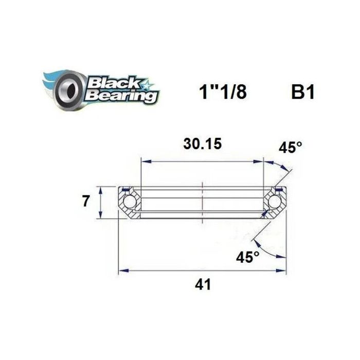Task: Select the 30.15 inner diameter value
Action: pyautogui.click(x=203, y=145)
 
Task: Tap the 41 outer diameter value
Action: pyautogui.click(x=203, y=284)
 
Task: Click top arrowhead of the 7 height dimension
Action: pyautogui.click(x=101, y=188)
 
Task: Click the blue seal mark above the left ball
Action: pyautogui.click(x=125, y=190)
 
